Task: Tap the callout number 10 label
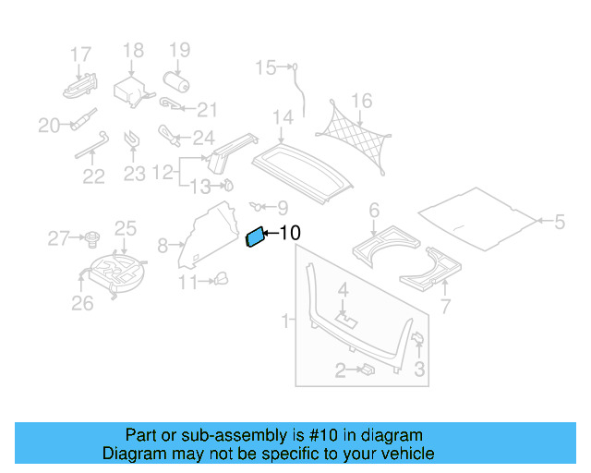(x=289, y=234)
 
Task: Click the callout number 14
(x=283, y=117)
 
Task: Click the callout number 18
(x=133, y=51)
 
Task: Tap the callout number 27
(x=57, y=239)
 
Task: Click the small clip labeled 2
(x=366, y=370)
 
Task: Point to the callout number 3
(x=418, y=370)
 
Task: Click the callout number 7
(x=445, y=307)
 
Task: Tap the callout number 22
(x=92, y=177)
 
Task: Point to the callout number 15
(x=266, y=67)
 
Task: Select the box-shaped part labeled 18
(x=130, y=91)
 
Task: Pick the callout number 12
(x=163, y=172)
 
